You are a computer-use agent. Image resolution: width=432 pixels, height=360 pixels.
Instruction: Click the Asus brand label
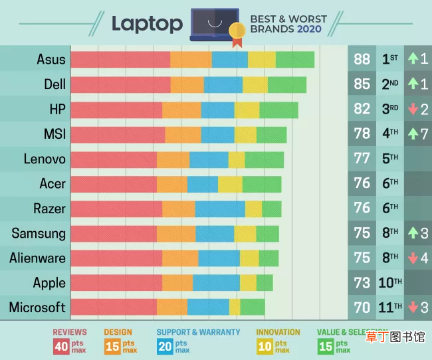click(x=51, y=59)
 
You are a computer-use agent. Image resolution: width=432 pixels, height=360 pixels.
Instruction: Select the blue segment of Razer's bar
click(x=220, y=209)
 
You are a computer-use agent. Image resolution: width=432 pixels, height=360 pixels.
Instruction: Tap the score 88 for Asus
click(x=362, y=59)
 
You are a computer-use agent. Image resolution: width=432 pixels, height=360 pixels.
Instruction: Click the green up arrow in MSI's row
click(x=413, y=134)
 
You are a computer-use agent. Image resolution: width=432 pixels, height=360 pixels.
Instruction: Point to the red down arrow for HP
click(x=413, y=109)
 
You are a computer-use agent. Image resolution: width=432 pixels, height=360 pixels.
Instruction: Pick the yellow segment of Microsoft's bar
click(x=235, y=307)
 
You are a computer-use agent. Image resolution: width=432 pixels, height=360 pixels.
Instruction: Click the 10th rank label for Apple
click(x=390, y=282)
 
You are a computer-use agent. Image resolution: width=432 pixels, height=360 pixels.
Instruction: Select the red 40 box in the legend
click(x=61, y=347)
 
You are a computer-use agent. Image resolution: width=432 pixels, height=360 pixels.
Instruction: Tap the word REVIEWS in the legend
click(x=70, y=332)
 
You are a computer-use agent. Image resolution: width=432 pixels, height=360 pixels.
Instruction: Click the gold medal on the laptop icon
click(x=237, y=31)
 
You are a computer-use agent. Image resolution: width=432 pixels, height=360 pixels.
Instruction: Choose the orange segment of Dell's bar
click(x=187, y=85)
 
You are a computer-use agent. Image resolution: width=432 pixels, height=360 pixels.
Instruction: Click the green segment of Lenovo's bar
click(x=265, y=160)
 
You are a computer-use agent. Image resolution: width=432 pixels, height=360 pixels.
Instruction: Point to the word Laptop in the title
click(x=147, y=24)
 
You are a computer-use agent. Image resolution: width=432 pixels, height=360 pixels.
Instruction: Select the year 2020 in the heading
click(x=309, y=29)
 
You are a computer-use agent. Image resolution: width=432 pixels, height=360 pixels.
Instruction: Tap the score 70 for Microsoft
click(x=362, y=308)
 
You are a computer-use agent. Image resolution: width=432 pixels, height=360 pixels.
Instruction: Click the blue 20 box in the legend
click(x=165, y=347)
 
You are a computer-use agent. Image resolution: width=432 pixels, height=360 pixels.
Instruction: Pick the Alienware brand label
click(x=37, y=258)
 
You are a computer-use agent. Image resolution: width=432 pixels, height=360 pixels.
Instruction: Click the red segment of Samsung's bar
click(x=114, y=234)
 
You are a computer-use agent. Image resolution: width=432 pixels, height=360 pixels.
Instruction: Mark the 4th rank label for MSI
click(x=390, y=134)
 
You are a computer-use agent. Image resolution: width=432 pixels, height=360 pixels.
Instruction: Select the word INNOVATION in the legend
click(x=278, y=332)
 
